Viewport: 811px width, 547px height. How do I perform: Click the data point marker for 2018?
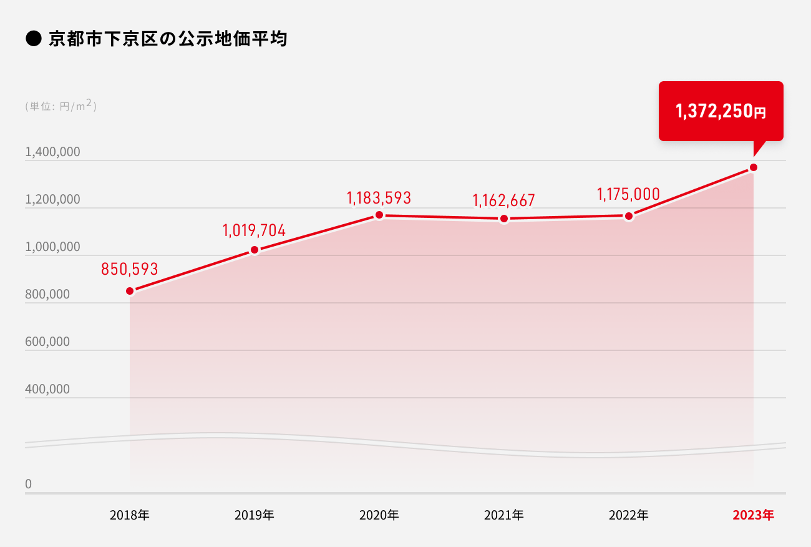(x=130, y=291)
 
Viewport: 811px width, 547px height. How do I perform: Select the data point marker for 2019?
(x=255, y=250)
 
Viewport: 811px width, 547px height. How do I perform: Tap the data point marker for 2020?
(x=379, y=215)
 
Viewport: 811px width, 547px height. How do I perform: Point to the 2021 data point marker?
(x=504, y=219)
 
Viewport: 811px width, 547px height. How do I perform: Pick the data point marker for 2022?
(x=629, y=216)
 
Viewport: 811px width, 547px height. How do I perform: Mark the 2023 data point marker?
(x=754, y=167)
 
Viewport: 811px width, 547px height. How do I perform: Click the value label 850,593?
(x=130, y=269)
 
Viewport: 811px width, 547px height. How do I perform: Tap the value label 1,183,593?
(x=379, y=199)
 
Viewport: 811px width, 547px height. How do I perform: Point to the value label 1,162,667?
(x=504, y=200)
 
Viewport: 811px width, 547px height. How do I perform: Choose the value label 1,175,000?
(x=628, y=194)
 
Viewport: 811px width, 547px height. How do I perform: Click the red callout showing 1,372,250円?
(x=721, y=111)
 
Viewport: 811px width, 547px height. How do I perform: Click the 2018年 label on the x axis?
(x=130, y=516)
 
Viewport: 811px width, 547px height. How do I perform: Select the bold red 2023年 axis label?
(x=753, y=516)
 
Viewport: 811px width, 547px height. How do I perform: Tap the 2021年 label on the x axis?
(x=504, y=516)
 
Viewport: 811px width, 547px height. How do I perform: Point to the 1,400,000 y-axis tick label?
(x=52, y=152)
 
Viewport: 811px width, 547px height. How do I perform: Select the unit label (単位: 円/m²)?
(x=61, y=106)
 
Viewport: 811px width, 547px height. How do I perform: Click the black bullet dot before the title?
(x=32, y=39)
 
